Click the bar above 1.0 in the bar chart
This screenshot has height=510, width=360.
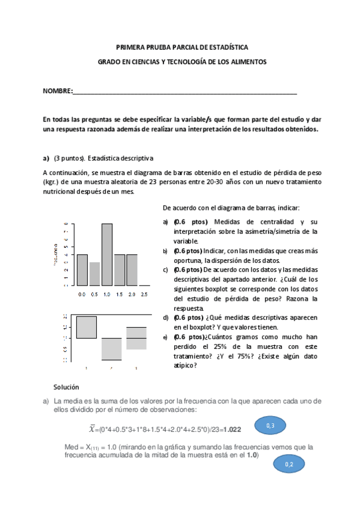107,254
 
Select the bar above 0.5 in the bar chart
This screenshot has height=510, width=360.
94,274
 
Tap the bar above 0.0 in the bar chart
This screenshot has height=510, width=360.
82,269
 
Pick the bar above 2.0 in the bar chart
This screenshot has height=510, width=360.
132,269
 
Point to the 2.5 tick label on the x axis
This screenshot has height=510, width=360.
144,294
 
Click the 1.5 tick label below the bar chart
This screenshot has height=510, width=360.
120,294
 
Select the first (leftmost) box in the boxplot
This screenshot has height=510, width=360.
87,327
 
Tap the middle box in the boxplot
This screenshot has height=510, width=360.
112,349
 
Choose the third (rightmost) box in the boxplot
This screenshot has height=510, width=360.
136,338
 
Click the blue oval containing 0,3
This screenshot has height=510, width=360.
270,426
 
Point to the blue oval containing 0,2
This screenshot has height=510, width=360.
289,464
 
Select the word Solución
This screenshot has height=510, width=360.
66,387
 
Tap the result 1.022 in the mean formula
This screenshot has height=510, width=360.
231,429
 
